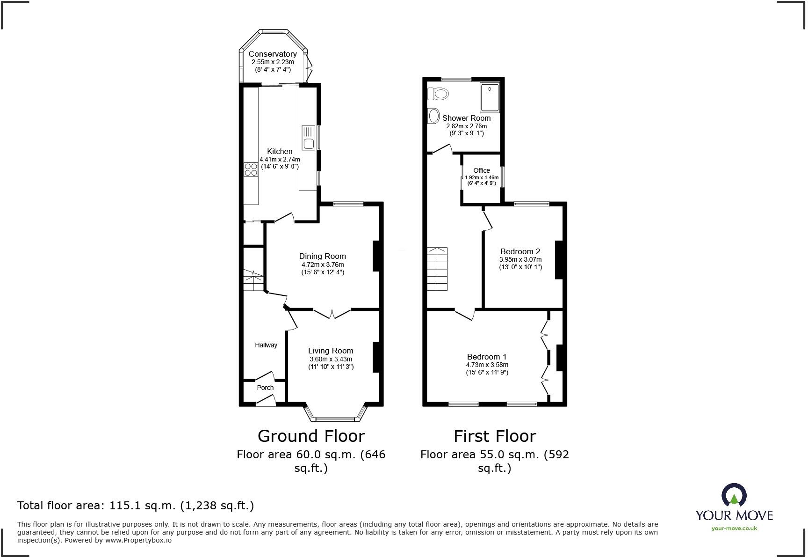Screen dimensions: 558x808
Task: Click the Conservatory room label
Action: click(272, 54)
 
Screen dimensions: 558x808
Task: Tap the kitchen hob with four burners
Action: click(251, 169)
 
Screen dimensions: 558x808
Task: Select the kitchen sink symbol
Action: click(308, 138)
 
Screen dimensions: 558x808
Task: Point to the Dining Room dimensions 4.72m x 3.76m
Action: click(323, 264)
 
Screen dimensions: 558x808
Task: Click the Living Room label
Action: click(331, 351)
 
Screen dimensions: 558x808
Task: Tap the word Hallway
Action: click(266, 345)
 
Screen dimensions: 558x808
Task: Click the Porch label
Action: click(265, 388)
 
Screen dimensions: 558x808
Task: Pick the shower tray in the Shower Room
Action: click(490, 97)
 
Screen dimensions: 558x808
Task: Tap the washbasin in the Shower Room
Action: click(433, 116)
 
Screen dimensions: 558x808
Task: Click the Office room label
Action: click(482, 170)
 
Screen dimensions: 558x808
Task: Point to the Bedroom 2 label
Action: click(520, 251)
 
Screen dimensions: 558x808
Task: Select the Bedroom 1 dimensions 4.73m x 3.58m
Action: click(487, 365)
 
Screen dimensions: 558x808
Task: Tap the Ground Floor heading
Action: click(311, 436)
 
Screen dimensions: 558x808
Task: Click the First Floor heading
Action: click(494, 436)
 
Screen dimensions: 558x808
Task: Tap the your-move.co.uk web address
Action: click(734, 529)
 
